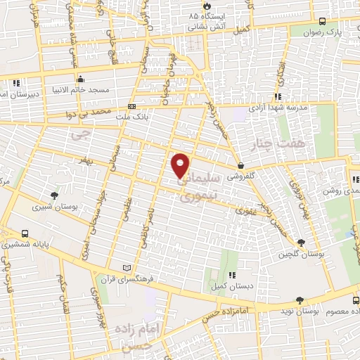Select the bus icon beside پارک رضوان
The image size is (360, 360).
click(x=321, y=22)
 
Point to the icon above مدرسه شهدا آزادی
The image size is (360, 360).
click(x=278, y=96)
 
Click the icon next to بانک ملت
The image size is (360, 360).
click(x=131, y=108)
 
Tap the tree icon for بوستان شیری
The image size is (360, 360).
click(x=55, y=195)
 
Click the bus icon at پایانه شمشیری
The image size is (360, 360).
click(x=26, y=234)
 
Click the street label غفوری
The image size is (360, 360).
click(x=245, y=210)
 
